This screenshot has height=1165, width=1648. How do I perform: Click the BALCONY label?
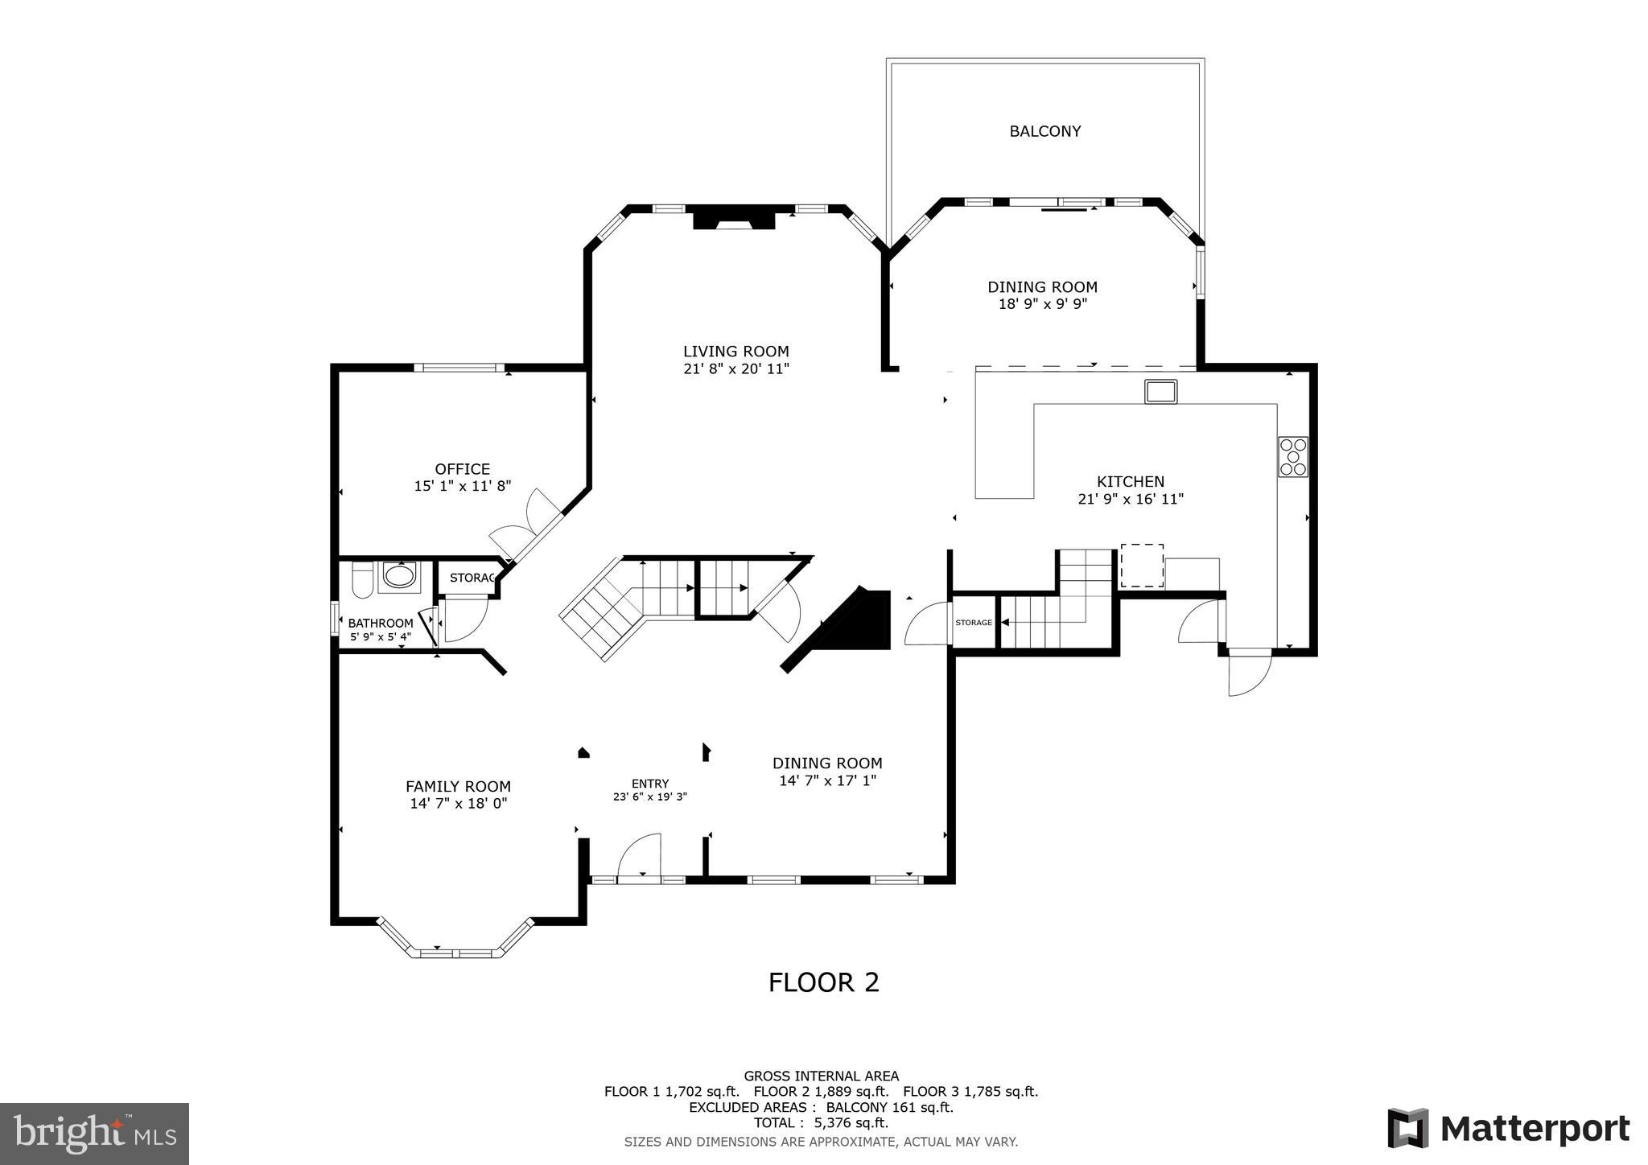(1044, 131)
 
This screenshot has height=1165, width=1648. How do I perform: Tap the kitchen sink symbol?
(1160, 392)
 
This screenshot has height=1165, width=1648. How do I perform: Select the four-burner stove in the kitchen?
(1292, 457)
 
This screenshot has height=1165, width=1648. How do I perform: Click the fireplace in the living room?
(733, 220)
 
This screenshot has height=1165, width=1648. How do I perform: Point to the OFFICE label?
(462, 469)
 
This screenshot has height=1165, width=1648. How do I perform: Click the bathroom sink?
(399, 576)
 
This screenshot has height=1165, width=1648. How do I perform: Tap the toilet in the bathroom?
(361, 580)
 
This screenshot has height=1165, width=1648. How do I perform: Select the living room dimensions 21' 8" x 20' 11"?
(735, 369)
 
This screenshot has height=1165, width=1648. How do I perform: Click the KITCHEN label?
(1131, 482)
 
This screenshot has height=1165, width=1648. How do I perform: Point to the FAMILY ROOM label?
(458, 787)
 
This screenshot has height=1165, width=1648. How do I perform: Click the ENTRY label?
(649, 784)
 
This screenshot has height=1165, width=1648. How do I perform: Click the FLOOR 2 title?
(823, 982)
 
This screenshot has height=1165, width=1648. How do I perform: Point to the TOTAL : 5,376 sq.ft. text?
(821, 1123)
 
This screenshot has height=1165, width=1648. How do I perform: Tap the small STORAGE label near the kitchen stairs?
(974, 623)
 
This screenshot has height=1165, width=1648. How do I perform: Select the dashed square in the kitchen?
(1142, 566)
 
